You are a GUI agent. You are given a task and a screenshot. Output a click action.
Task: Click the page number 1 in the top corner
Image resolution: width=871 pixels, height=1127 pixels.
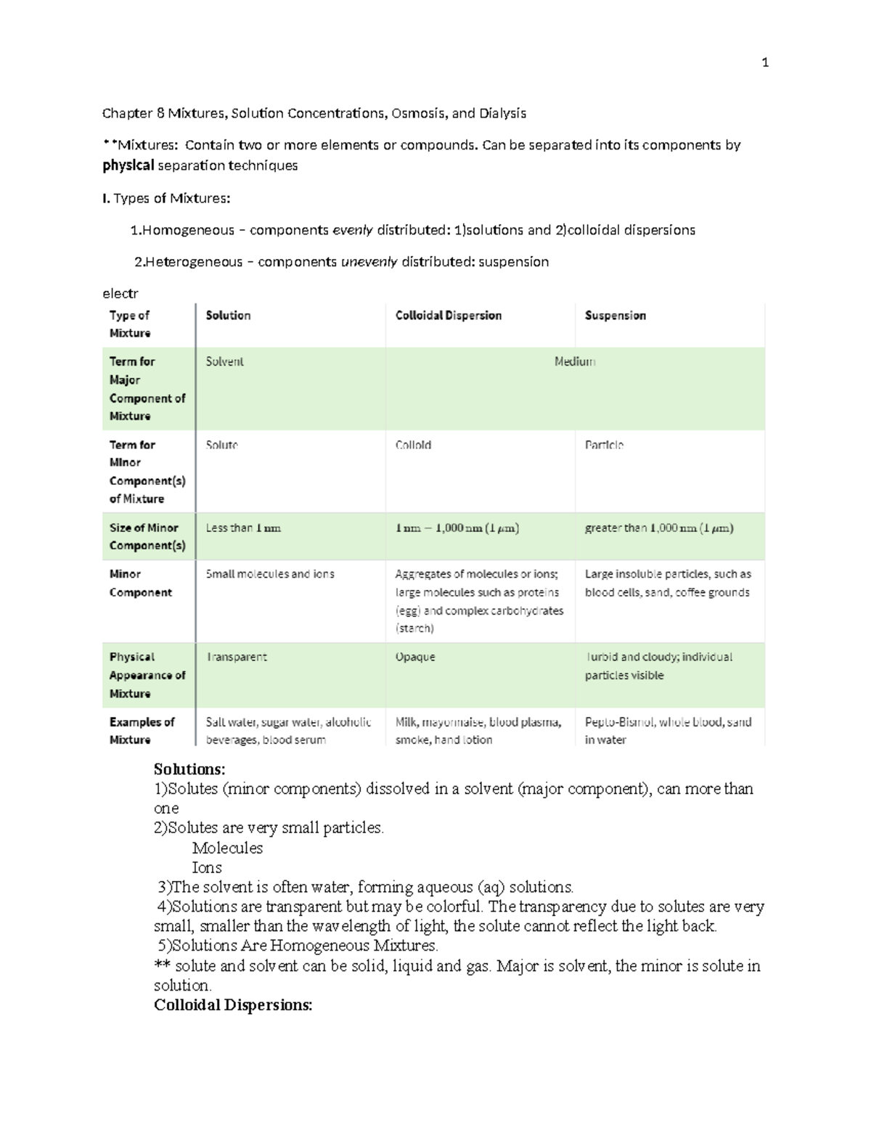(764, 63)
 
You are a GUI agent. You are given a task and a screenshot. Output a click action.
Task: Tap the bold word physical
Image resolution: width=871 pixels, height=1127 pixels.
(128, 165)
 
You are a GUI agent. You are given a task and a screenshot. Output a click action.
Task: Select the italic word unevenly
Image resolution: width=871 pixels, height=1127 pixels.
(369, 262)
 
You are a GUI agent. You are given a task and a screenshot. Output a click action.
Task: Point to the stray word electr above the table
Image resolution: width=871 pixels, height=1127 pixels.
(120, 294)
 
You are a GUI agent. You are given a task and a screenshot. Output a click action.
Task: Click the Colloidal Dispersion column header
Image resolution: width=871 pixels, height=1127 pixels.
(448, 316)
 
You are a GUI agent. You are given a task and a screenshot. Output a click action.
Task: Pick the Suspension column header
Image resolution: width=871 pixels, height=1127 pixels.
(615, 316)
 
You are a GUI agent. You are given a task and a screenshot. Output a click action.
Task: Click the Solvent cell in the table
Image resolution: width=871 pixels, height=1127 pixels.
(224, 361)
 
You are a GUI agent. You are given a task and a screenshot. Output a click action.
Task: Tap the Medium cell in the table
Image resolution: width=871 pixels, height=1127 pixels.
(574, 361)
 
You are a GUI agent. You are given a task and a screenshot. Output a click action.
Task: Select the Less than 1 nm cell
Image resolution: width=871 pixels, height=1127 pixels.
(242, 528)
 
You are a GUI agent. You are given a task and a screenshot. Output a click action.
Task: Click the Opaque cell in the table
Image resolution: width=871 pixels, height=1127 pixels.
(414, 657)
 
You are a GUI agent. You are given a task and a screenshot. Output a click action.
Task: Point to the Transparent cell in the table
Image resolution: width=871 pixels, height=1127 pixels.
(237, 657)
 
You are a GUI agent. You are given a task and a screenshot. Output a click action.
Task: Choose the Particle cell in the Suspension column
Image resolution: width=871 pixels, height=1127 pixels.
(604, 445)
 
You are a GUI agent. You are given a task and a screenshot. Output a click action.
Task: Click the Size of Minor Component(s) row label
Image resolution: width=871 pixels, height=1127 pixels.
(147, 537)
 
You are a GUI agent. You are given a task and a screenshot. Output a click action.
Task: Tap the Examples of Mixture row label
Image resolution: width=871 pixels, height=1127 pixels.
(142, 731)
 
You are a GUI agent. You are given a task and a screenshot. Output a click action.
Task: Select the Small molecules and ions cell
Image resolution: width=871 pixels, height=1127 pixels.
(270, 574)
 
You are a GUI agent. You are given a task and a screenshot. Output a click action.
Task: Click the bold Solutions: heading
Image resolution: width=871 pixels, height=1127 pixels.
(189, 769)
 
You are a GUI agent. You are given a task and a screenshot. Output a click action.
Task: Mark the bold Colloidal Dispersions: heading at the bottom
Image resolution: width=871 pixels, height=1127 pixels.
(233, 1005)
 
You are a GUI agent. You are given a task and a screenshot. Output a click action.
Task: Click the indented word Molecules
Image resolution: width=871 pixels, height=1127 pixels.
(227, 848)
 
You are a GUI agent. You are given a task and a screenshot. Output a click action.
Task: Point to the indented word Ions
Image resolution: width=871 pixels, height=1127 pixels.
(207, 867)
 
